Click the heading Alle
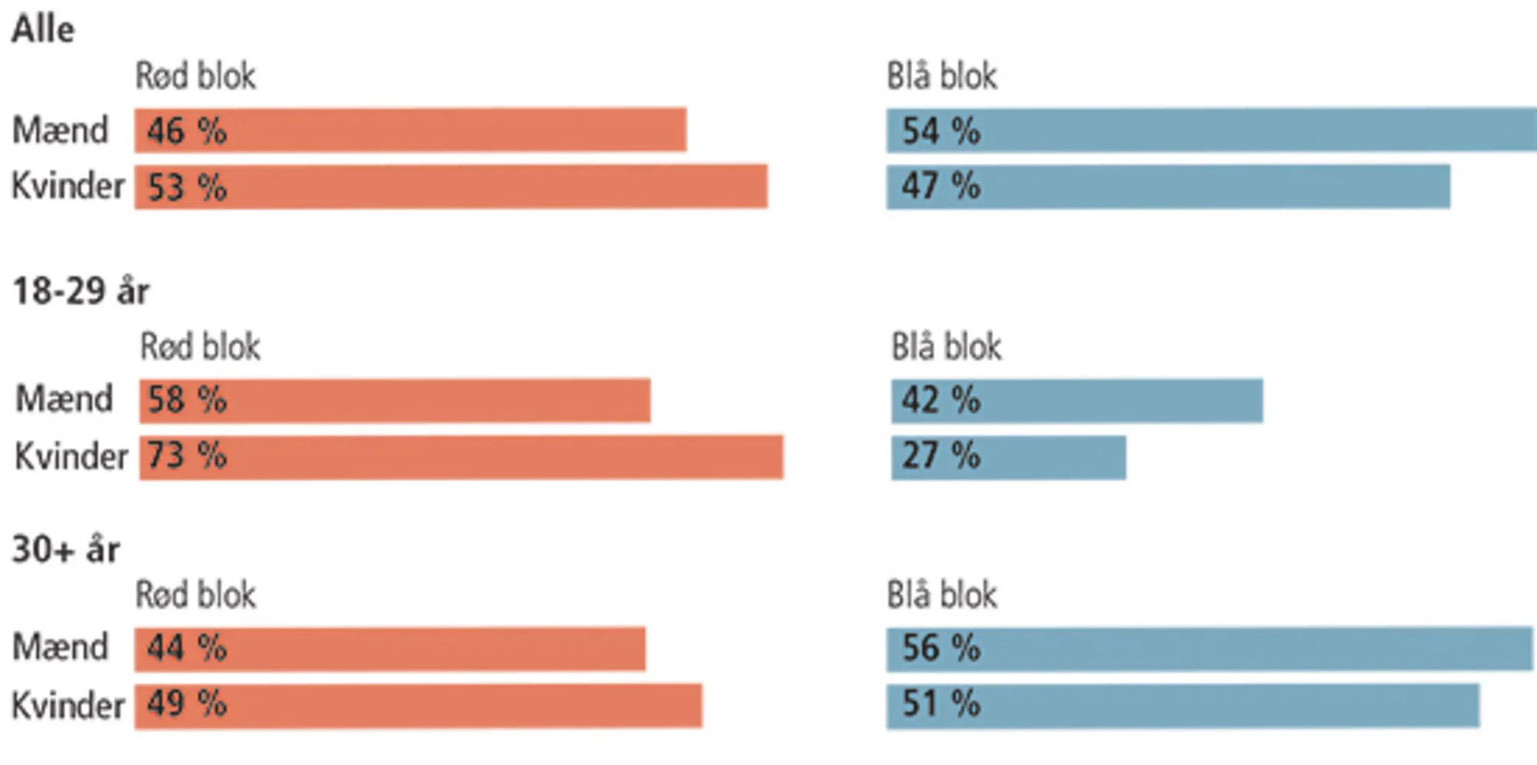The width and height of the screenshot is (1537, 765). (x=43, y=30)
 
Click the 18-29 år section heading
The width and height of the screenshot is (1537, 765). (x=81, y=291)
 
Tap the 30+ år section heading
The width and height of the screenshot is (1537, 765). (x=66, y=550)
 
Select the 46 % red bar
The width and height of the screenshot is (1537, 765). (x=410, y=130)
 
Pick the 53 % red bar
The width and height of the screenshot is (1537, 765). (x=451, y=187)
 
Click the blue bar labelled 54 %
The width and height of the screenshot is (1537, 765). (x=1211, y=130)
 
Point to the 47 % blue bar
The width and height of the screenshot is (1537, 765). (x=1168, y=187)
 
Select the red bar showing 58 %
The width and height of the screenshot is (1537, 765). (x=395, y=400)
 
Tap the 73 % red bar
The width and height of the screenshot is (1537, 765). (x=461, y=457)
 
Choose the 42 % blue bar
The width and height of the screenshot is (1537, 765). (x=1077, y=400)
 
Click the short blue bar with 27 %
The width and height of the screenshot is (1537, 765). (x=1008, y=457)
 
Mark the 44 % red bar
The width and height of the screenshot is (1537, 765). (x=390, y=648)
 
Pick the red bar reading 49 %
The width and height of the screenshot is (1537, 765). (x=418, y=705)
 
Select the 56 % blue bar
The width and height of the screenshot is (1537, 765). (x=1209, y=648)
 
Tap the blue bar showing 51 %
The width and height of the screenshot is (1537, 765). (x=1183, y=705)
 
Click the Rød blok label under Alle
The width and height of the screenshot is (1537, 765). (x=195, y=76)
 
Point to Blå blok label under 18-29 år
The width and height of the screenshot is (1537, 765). (x=946, y=347)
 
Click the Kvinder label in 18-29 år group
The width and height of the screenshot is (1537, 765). (x=71, y=457)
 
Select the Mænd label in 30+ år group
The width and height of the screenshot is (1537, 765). (x=60, y=647)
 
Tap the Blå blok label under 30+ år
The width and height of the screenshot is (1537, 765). (x=941, y=595)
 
